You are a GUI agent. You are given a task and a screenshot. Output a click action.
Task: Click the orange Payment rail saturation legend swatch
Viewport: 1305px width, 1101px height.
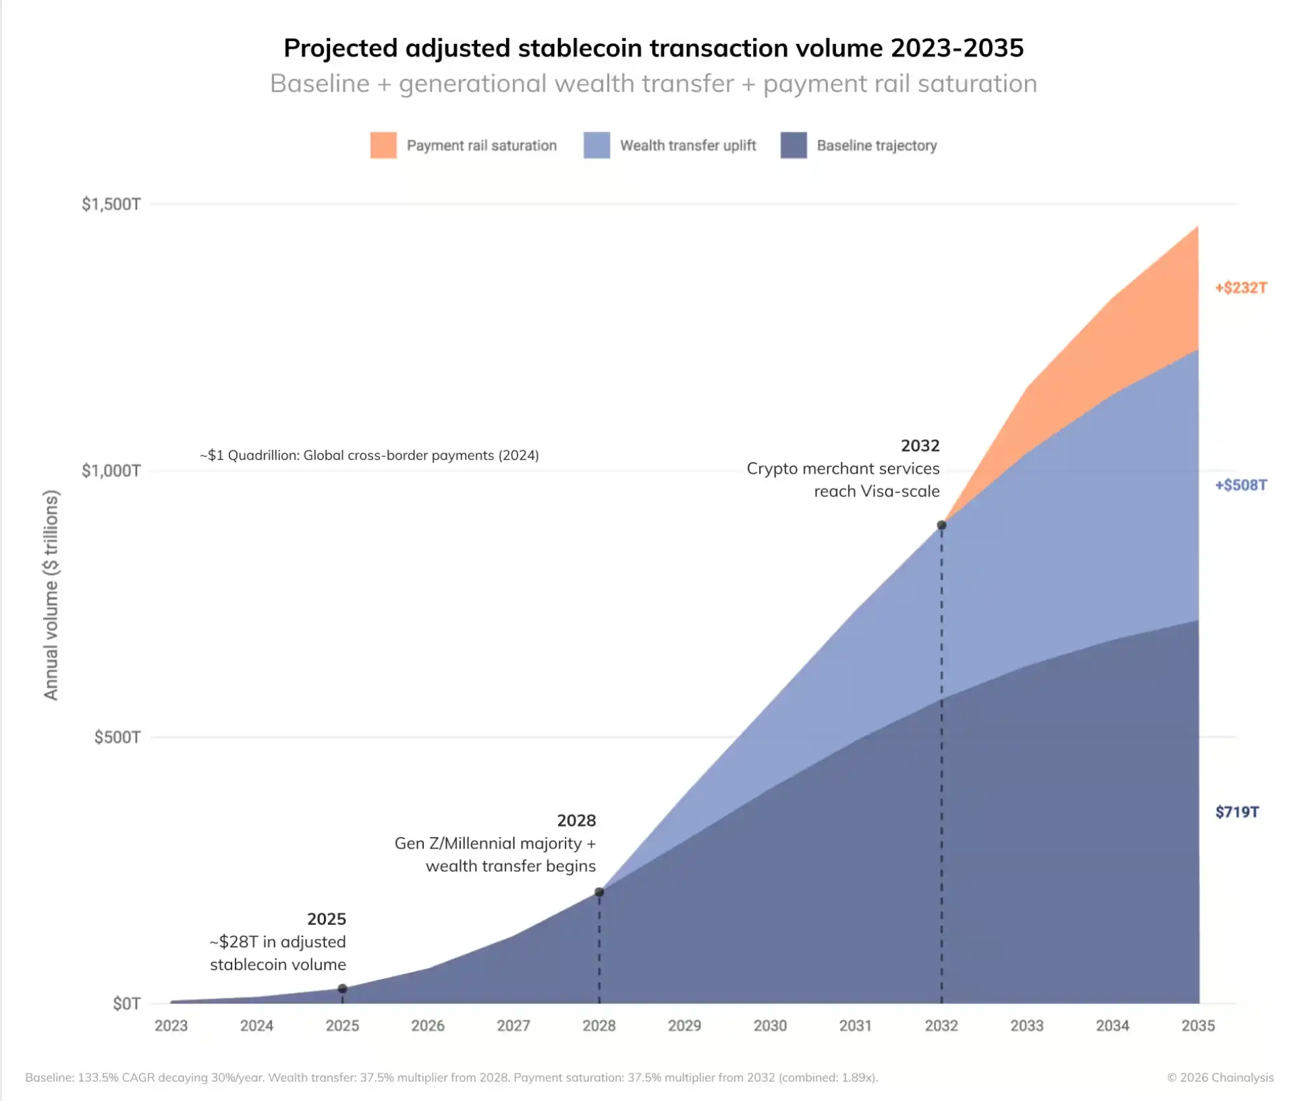coord(383,145)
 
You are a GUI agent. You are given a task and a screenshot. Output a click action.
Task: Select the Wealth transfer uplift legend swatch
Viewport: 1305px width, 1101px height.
coord(596,145)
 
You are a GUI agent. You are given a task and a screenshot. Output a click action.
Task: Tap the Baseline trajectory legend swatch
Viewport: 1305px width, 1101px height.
coord(794,145)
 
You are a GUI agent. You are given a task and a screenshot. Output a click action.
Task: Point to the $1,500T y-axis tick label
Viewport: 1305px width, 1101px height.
coord(111,204)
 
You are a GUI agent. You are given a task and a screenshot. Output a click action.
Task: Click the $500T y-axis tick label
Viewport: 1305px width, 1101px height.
coord(117,737)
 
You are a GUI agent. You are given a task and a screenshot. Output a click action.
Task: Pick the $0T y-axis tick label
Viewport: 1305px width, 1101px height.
coord(126,1003)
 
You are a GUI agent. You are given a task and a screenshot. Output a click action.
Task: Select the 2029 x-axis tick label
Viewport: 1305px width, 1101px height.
coord(684,1025)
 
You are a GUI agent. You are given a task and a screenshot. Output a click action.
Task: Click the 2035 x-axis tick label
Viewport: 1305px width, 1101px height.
coord(1198,1025)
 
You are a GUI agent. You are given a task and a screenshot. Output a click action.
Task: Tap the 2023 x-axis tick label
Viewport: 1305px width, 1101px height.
coord(171,1025)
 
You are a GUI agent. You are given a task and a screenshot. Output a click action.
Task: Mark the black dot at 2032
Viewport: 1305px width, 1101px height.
coord(941,525)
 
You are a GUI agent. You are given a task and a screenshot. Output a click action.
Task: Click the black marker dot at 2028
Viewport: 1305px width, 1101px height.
coord(599,892)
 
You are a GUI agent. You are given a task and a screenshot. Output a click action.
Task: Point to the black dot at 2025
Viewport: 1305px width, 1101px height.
coord(342,988)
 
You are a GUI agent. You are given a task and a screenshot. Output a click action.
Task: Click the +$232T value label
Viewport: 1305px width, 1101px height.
coord(1241,287)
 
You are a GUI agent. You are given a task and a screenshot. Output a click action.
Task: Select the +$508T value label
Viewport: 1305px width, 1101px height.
coord(1241,485)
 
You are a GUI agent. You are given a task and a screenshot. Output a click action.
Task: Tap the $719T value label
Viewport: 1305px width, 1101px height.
coord(1237,812)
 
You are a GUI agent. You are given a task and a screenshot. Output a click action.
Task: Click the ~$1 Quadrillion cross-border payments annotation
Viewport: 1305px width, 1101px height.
coord(369,455)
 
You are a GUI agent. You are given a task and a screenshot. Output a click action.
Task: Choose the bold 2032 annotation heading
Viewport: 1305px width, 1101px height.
coord(920,446)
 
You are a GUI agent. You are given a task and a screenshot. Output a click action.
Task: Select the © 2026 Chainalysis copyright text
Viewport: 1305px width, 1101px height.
coord(1220,1077)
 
